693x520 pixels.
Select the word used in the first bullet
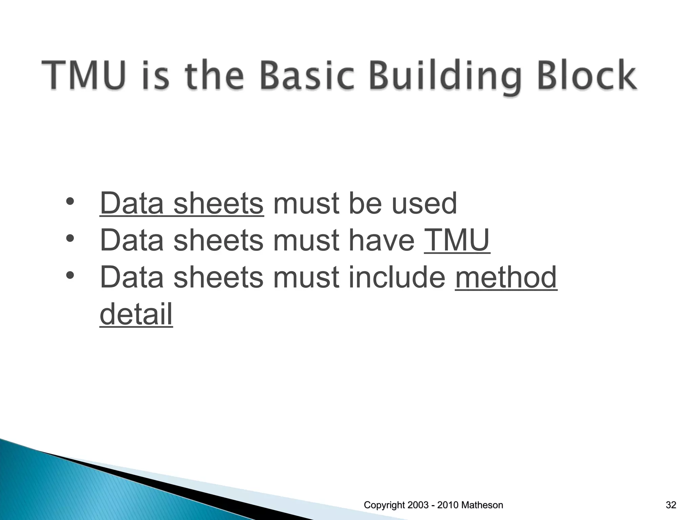pyautogui.click(x=424, y=204)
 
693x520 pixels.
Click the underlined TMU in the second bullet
pyautogui.click(x=457, y=240)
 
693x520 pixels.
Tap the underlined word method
pyautogui.click(x=506, y=277)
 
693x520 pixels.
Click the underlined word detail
pyautogui.click(x=136, y=314)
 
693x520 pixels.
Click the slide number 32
pyautogui.click(x=671, y=505)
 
